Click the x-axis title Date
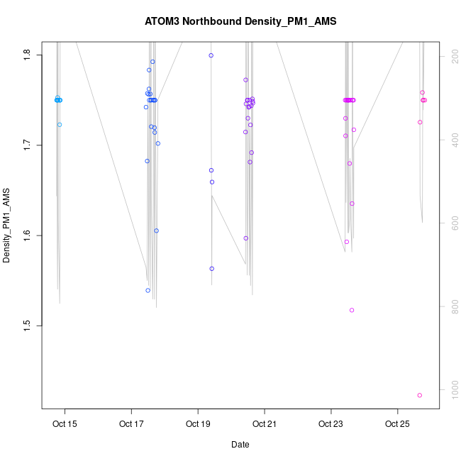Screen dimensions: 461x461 point(240,445)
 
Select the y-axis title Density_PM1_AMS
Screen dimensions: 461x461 point(7,226)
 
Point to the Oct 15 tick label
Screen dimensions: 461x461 point(65,425)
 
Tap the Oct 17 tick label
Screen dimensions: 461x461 point(132,425)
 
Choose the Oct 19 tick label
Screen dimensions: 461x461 point(198,425)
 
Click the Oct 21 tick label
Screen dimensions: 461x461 point(265,425)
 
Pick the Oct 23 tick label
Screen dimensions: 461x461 point(331,425)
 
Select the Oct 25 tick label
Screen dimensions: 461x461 point(397,425)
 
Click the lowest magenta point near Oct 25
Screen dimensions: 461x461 point(420,395)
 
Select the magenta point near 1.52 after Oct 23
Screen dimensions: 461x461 point(352,310)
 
